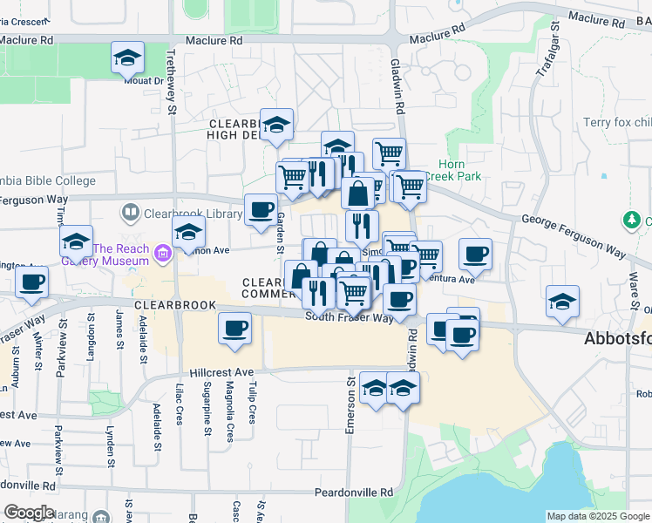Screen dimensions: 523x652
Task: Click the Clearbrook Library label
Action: pyautogui.click(x=187, y=212)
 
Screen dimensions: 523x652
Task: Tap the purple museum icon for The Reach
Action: pyautogui.click(x=161, y=254)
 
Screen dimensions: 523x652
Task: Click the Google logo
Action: pyautogui.click(x=29, y=513)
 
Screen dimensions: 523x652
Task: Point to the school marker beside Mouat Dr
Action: pyautogui.click(x=127, y=59)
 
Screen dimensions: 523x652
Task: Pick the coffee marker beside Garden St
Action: pyautogui.click(x=261, y=210)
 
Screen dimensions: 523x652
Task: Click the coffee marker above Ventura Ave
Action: pyautogui.click(x=475, y=254)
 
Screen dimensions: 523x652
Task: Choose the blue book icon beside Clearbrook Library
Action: pyautogui.click(x=131, y=212)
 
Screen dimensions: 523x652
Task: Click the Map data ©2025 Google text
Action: pyautogui.click(x=598, y=516)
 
